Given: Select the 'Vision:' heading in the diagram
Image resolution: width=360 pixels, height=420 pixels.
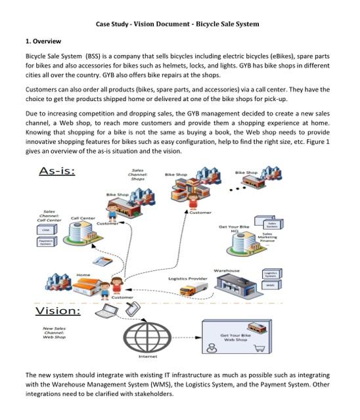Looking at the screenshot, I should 57,310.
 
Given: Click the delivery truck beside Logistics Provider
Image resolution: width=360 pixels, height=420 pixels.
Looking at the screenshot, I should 190,289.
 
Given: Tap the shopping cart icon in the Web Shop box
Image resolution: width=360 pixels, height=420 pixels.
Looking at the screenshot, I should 259,350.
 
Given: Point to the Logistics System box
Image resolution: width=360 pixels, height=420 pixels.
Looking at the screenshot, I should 270,274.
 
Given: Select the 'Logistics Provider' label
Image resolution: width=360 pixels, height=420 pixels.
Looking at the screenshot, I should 187,278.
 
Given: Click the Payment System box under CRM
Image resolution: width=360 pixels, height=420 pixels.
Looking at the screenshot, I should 46,243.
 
